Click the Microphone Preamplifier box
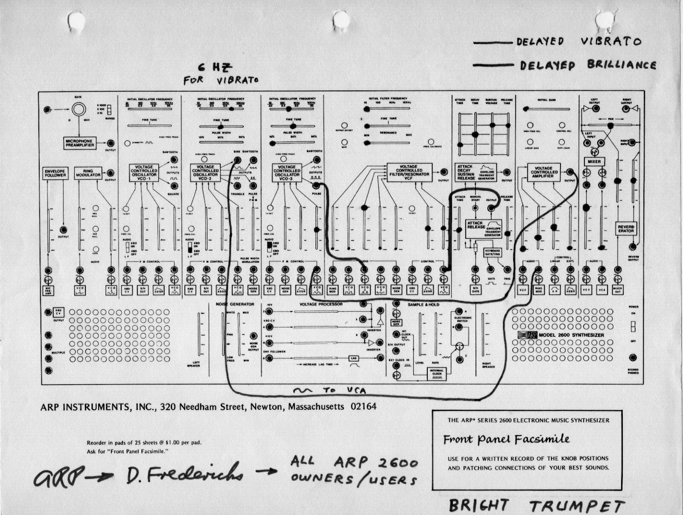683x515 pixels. tap(79, 143)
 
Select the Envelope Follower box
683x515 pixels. tap(55, 173)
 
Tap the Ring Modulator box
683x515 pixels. tap(87, 173)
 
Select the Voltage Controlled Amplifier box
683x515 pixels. tap(543, 173)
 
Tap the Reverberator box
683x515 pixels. tap(626, 229)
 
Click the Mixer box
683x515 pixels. tap(594, 162)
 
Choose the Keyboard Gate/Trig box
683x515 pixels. tap(492, 252)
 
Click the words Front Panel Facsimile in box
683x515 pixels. tap(506, 439)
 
